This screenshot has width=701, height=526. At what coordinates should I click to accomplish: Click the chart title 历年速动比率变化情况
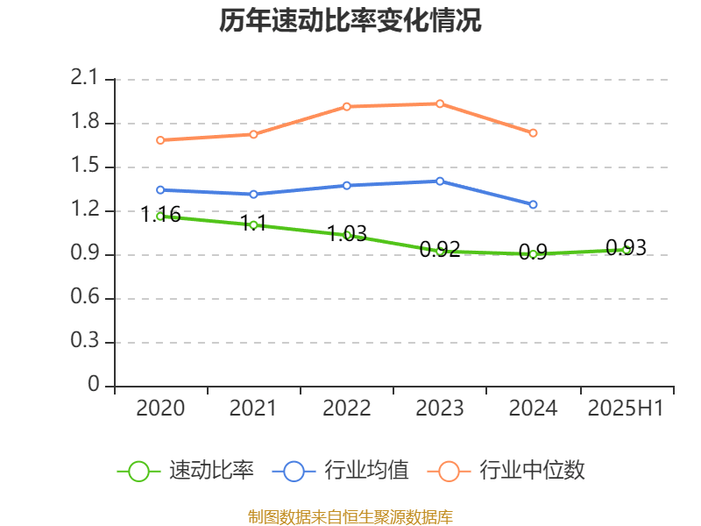click(350, 21)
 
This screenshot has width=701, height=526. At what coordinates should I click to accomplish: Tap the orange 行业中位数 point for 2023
click(440, 103)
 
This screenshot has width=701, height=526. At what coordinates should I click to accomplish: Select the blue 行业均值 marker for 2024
click(533, 204)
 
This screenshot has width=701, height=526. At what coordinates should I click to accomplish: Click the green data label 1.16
click(160, 214)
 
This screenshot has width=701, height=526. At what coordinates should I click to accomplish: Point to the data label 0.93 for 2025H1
click(626, 248)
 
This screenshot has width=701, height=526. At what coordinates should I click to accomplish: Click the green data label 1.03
click(347, 233)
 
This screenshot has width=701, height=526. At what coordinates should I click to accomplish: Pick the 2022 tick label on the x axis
click(347, 409)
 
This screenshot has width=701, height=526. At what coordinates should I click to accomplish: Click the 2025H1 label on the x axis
click(626, 409)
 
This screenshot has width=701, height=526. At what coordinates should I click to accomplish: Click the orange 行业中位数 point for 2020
click(160, 140)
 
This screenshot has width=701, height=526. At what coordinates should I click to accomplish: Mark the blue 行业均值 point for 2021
click(253, 195)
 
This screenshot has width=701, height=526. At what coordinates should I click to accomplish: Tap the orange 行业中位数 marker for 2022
click(347, 107)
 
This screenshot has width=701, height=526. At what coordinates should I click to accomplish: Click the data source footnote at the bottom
click(350, 516)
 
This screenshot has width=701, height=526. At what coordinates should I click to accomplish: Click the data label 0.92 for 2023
click(440, 250)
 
